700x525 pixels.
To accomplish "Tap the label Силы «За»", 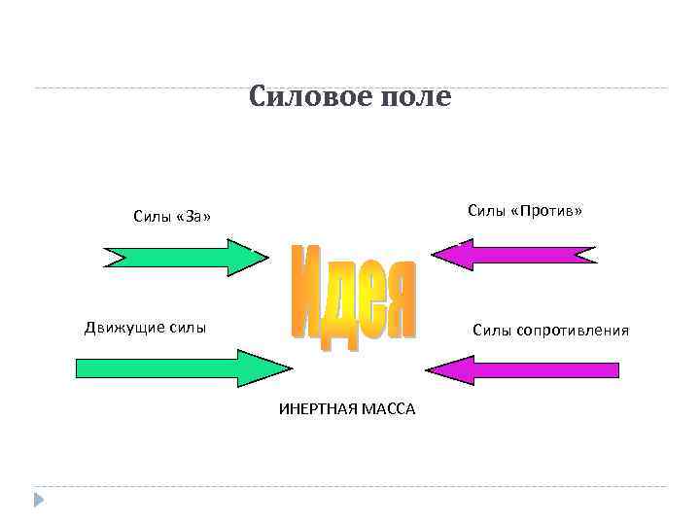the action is (172, 216).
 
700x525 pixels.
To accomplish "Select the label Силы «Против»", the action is (524, 211).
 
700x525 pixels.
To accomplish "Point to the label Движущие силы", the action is (145, 327).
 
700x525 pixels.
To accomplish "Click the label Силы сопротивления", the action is (550, 331).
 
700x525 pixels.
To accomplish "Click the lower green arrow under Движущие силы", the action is (180, 368).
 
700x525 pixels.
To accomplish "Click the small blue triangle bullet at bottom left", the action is (39, 500).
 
